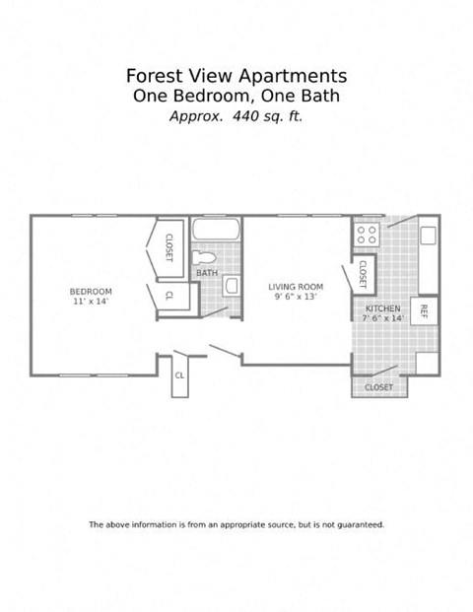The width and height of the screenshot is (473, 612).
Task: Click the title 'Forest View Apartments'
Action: coord(236,76)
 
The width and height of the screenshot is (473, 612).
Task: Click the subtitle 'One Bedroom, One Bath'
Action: coord(236,96)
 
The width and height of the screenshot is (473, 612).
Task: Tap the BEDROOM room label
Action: coord(91,291)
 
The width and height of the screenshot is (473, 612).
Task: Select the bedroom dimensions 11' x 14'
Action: coord(91,302)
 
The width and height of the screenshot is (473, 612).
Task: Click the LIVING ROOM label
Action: coord(296,287)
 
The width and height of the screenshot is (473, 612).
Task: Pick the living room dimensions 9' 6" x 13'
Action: coord(296,298)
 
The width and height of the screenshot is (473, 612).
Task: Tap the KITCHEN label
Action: coord(381,308)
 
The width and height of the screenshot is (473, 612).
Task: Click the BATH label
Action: coord(207,273)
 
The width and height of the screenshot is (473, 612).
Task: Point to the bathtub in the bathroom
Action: coord(216,230)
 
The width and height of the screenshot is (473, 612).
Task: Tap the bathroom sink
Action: coord(232,286)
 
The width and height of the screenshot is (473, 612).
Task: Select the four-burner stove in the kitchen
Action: coord(368,235)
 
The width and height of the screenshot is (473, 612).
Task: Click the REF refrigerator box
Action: coord(424,310)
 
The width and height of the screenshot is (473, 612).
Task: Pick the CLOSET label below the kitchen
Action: coord(379,387)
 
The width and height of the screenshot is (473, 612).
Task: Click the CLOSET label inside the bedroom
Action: coord(169,246)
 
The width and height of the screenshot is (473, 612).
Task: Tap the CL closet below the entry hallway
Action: coord(179,375)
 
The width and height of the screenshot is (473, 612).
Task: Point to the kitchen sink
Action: coord(428,236)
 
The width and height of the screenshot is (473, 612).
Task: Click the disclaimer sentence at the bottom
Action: coord(236,524)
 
